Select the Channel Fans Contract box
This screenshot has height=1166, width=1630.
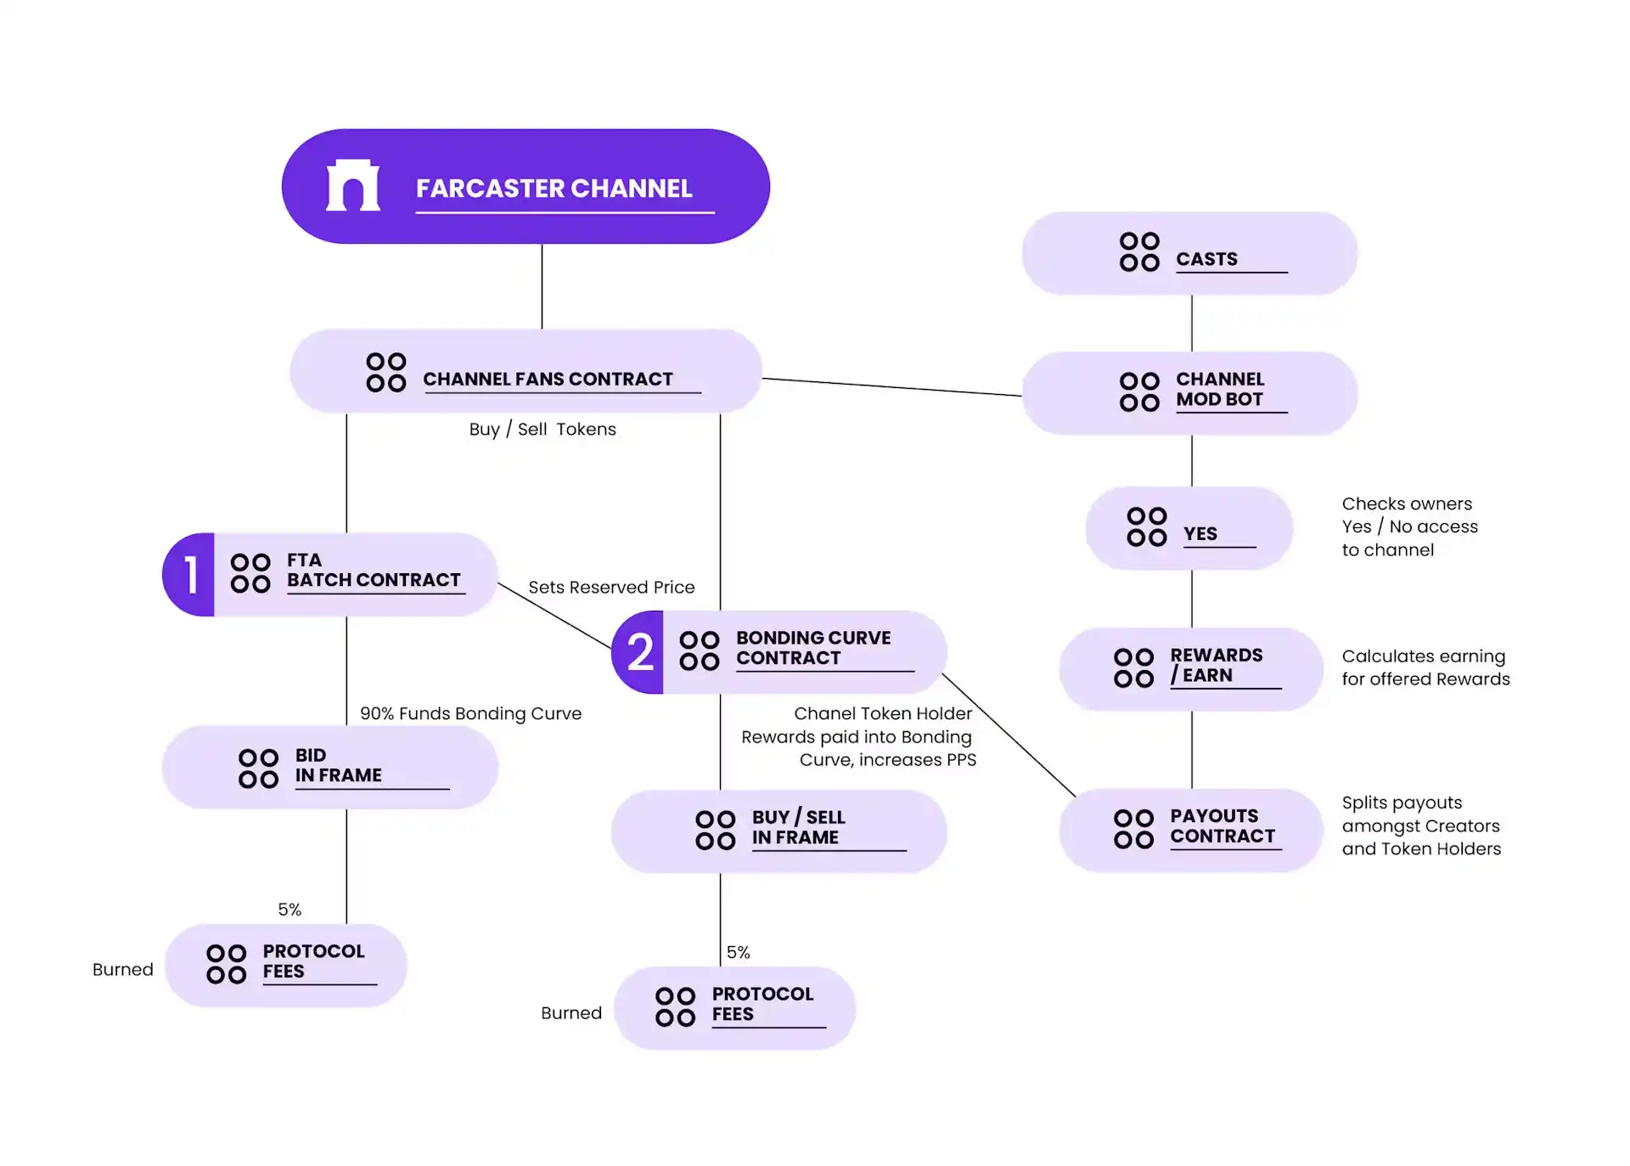(526, 372)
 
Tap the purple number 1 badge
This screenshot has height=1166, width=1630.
(190, 575)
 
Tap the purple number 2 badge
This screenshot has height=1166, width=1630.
(639, 652)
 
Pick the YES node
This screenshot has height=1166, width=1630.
(1189, 528)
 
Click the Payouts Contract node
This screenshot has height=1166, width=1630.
(1190, 830)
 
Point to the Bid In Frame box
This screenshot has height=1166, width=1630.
(329, 767)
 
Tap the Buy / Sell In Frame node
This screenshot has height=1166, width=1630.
(778, 831)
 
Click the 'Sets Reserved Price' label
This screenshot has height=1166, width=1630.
(611, 587)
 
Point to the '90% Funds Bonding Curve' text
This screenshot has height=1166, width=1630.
(470, 713)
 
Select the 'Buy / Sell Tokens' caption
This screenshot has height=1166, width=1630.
(542, 429)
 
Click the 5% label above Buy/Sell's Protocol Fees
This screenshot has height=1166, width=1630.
(738, 952)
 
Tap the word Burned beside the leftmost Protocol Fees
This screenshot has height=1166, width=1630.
(123, 969)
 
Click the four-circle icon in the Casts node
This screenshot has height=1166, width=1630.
(1139, 252)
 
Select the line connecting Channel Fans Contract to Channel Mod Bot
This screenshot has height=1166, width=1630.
(891, 387)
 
